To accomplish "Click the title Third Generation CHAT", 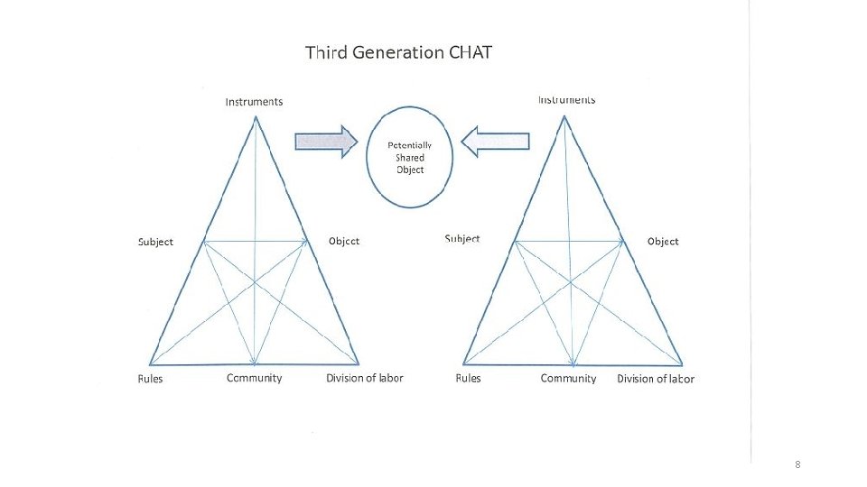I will pyautogui.click(x=398, y=52).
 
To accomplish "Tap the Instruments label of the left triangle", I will pyautogui.click(x=254, y=102).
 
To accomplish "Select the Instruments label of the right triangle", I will pyautogui.click(x=566, y=99).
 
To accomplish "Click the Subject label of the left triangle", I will pyautogui.click(x=155, y=242).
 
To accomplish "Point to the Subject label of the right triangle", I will pyautogui.click(x=462, y=239).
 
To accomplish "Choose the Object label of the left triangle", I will pyautogui.click(x=343, y=241).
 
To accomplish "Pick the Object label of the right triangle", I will pyautogui.click(x=663, y=242).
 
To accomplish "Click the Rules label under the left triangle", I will pyautogui.click(x=151, y=379).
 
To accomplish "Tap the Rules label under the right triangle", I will pyautogui.click(x=469, y=378).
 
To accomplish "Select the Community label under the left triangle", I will pyautogui.click(x=254, y=378).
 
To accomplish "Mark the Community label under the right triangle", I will pyautogui.click(x=568, y=378).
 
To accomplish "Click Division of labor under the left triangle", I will pyautogui.click(x=365, y=378).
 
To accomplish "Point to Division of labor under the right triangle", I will pyautogui.click(x=656, y=379).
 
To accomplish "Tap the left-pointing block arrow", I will pyautogui.click(x=495, y=142).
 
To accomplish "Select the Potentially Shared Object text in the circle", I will pyautogui.click(x=410, y=157).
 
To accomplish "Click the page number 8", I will pyautogui.click(x=797, y=464).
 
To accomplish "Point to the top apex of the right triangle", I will pyautogui.click(x=565, y=116).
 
